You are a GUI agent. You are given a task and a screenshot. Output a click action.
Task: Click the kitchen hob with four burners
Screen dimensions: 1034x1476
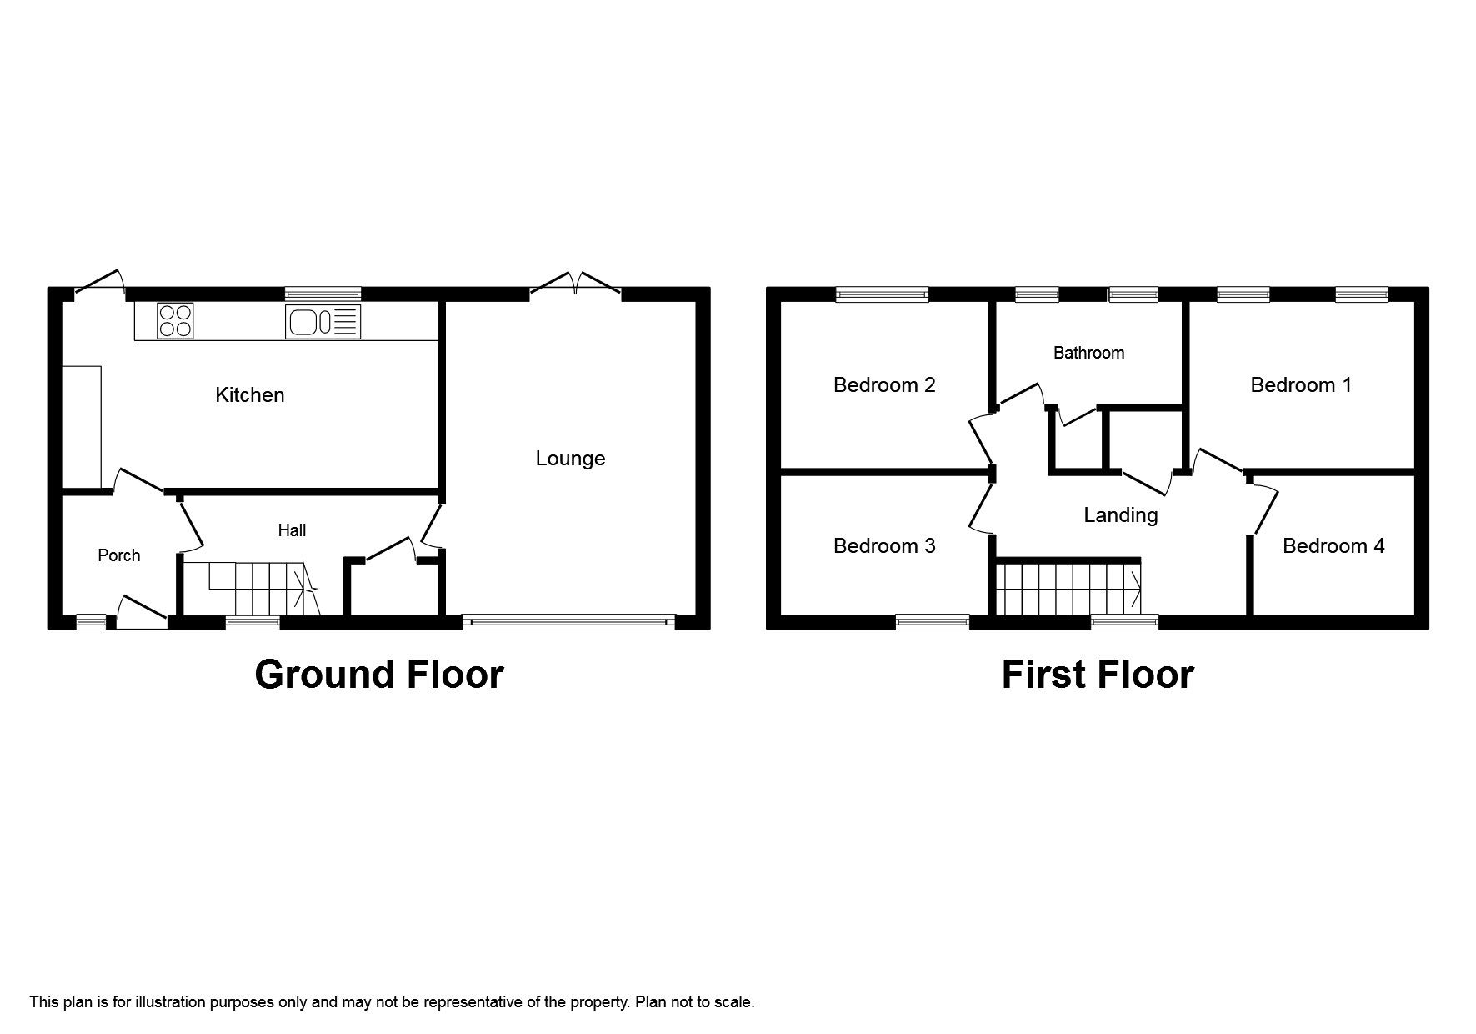pyautogui.click(x=175, y=320)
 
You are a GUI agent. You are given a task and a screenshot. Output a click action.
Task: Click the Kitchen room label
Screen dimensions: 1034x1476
pyautogui.click(x=249, y=395)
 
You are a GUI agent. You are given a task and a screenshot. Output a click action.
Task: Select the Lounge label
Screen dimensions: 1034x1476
pyautogui.click(x=570, y=459)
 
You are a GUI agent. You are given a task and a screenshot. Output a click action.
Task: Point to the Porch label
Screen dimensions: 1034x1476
pyautogui.click(x=118, y=555)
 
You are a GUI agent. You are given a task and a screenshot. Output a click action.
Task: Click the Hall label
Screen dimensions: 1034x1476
pyautogui.click(x=292, y=530)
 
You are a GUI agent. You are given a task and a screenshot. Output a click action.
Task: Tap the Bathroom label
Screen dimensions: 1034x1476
pyautogui.click(x=1088, y=353)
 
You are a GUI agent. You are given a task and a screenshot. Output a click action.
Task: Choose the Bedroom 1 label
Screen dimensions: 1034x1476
pyautogui.click(x=1300, y=385)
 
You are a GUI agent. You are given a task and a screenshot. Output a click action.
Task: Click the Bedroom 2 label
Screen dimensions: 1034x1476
pyautogui.click(x=883, y=385)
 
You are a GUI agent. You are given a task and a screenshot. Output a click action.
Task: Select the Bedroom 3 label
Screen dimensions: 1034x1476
pyautogui.click(x=883, y=546)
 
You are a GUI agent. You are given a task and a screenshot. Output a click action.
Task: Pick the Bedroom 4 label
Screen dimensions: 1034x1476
pyautogui.click(x=1333, y=546)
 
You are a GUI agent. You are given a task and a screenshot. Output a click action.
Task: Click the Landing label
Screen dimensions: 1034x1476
pyautogui.click(x=1120, y=515)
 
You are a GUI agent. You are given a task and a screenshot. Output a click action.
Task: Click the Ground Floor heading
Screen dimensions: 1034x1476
pyautogui.click(x=378, y=675)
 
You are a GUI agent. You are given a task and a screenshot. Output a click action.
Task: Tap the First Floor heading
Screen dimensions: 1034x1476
pyautogui.click(x=1097, y=675)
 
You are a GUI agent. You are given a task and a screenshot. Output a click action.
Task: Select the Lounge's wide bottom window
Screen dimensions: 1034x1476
pyautogui.click(x=568, y=621)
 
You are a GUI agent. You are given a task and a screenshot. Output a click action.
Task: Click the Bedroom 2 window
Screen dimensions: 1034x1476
pyautogui.click(x=882, y=294)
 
